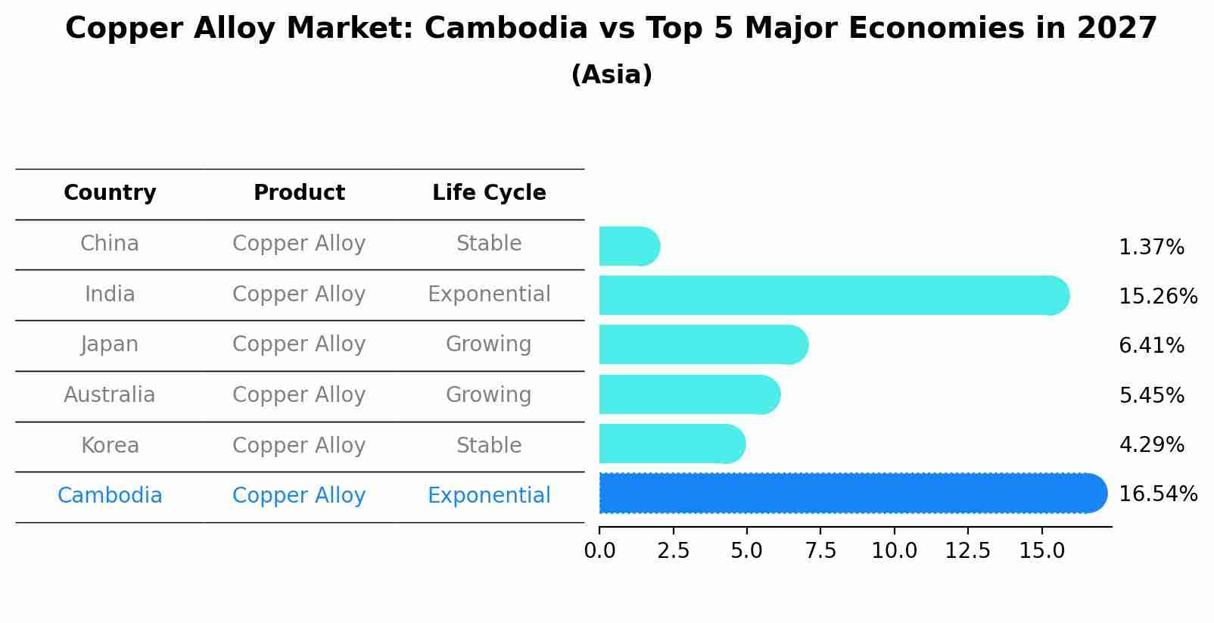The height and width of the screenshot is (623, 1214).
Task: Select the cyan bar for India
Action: point(833,295)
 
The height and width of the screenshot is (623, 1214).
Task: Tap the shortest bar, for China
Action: point(628,246)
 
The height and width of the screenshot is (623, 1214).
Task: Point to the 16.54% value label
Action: point(1157,494)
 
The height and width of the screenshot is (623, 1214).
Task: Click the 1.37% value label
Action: point(1150,248)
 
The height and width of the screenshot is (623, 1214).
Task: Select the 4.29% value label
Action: point(1150,444)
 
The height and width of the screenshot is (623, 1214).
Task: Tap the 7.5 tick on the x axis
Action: point(820,550)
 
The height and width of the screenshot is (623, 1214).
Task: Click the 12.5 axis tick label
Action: point(967,550)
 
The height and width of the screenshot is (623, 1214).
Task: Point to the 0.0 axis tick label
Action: point(599,550)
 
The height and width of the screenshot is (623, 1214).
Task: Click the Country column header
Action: point(110,193)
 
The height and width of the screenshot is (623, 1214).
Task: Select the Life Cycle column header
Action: point(489,193)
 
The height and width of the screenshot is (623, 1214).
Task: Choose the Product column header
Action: point(299,193)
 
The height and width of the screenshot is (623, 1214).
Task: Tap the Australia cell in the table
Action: point(110,395)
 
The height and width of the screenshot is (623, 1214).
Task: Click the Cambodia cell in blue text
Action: point(110,496)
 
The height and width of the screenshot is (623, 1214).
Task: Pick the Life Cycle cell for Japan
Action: point(489,344)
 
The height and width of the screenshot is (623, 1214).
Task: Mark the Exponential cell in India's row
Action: point(489,294)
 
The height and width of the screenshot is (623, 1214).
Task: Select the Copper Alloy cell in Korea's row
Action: point(299,446)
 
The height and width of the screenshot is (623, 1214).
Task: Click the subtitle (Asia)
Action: point(612,75)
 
